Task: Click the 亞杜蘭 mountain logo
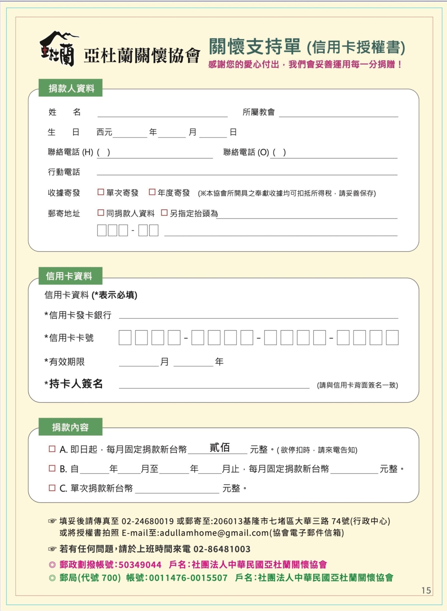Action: pyautogui.click(x=58, y=49)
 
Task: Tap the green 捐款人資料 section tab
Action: pyautogui.click(x=70, y=88)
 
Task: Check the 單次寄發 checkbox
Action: pyautogui.click(x=101, y=192)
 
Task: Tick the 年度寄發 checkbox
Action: pyautogui.click(x=152, y=192)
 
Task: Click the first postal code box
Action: pyautogui.click(x=102, y=230)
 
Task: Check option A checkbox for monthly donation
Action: pyautogui.click(x=52, y=449)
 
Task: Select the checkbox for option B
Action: pyautogui.click(x=52, y=468)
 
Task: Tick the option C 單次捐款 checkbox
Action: pyautogui.click(x=52, y=488)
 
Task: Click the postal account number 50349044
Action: pyautogui.click(x=140, y=565)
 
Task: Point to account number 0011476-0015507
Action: pyautogui.click(x=188, y=578)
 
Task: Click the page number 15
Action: pyautogui.click(x=426, y=590)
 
